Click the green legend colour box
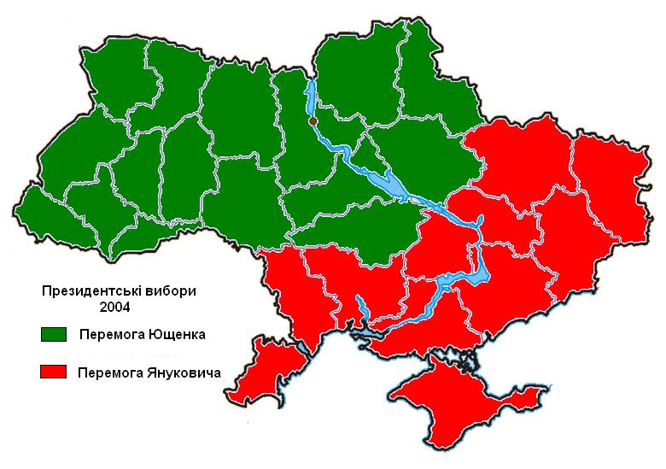click(53, 333)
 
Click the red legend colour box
click(53, 372)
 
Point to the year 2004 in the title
click(117, 307)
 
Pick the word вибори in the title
click(171, 290)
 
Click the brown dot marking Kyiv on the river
click(313, 122)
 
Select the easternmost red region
click(610, 188)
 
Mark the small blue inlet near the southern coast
click(361, 308)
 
